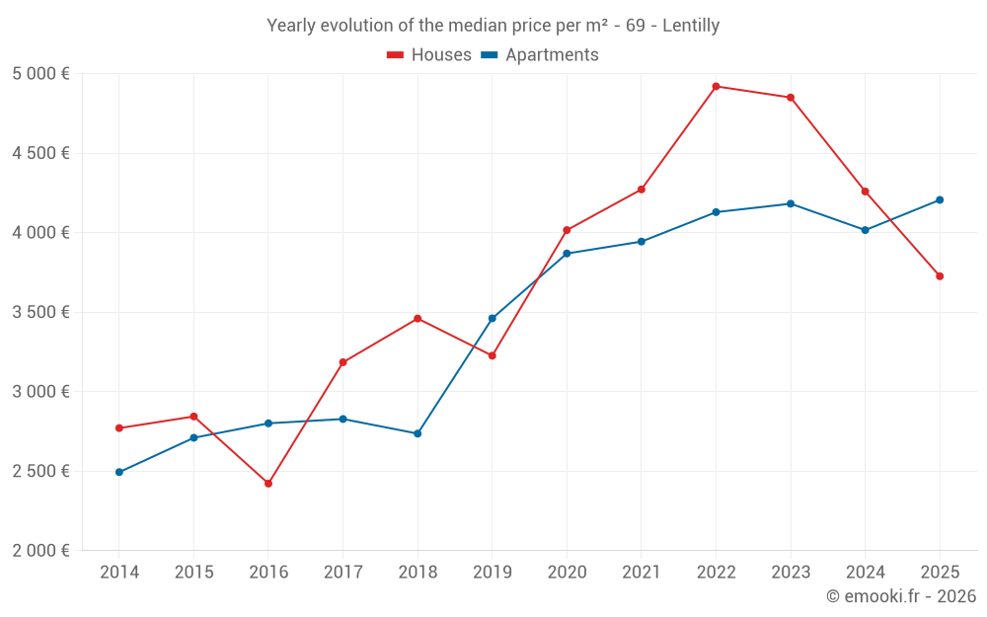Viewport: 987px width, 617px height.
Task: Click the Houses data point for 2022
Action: point(716,86)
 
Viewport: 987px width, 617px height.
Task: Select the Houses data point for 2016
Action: point(268,484)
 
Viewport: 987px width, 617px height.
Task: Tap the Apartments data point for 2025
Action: point(940,200)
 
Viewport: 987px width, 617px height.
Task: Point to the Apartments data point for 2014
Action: point(119,472)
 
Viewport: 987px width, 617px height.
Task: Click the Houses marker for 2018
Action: point(418,319)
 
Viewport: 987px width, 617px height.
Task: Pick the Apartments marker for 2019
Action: point(493,319)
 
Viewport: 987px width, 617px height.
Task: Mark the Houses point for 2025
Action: point(940,276)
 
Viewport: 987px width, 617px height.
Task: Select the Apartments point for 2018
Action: point(418,433)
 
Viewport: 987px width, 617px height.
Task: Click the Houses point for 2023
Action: point(791,98)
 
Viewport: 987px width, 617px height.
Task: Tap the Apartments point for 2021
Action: point(642,242)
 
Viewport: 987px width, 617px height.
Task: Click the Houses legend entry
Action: point(429,55)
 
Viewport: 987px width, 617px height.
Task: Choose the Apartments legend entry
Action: point(540,55)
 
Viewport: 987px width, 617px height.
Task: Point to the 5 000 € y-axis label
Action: point(40,74)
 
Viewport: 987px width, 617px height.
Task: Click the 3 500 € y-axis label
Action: point(40,312)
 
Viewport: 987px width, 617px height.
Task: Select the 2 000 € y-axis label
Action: point(40,551)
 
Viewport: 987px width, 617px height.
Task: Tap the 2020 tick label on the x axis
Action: point(567,573)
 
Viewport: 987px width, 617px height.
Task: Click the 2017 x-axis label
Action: point(342,573)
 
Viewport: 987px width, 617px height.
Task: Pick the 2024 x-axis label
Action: point(865,573)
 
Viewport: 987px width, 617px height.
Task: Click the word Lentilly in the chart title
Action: point(691,26)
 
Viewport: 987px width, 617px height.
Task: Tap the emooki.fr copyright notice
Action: point(901,596)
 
